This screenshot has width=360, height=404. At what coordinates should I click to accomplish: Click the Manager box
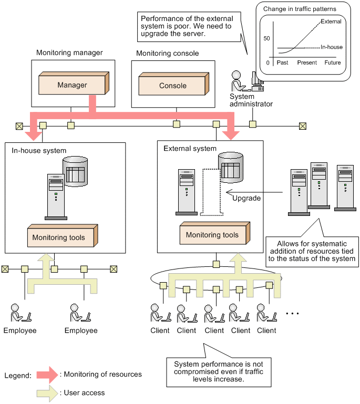(73, 85)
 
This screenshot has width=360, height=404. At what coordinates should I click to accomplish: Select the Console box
(172, 86)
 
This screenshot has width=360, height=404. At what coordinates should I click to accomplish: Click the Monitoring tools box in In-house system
(58, 237)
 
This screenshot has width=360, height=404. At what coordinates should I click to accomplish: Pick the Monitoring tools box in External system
(212, 235)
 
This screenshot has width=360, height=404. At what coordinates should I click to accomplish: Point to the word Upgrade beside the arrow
(246, 198)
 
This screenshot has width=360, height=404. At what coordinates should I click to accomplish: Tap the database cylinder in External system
(231, 167)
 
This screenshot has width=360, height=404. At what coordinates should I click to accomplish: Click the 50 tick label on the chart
(266, 39)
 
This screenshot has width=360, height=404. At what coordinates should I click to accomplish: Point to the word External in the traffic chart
(331, 22)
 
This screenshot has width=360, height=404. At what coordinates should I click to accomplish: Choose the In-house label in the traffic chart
(331, 47)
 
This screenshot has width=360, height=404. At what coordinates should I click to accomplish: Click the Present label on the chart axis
(307, 63)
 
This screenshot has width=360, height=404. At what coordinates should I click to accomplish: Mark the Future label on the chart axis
(332, 63)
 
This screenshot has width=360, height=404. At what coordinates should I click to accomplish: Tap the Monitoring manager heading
(69, 53)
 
